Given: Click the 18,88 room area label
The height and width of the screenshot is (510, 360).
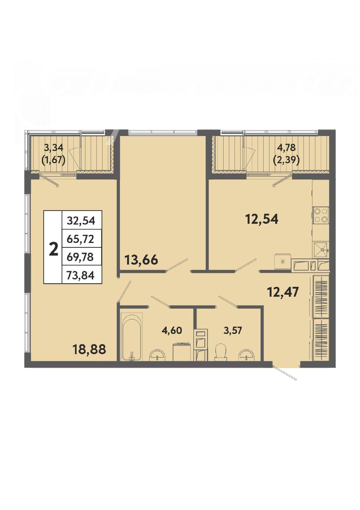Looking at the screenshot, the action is (x=89, y=349).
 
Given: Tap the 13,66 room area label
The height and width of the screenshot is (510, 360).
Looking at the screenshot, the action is (x=141, y=260).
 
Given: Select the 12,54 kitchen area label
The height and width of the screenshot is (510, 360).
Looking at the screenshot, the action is (x=262, y=219).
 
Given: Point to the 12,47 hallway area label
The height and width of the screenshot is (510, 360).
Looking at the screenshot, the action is (x=282, y=292).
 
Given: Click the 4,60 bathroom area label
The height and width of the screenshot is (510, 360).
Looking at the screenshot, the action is (x=172, y=330).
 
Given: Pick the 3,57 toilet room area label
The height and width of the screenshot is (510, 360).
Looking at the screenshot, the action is (x=233, y=330).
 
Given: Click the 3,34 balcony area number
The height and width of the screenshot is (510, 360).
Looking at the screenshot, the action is (x=53, y=148).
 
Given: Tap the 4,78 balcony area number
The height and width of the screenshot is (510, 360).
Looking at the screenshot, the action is (x=286, y=148).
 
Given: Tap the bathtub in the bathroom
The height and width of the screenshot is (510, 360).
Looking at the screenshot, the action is (x=132, y=337).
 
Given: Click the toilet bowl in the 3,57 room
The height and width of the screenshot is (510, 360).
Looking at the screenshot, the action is (x=221, y=352).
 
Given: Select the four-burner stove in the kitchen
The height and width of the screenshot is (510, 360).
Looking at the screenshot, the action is (x=321, y=215).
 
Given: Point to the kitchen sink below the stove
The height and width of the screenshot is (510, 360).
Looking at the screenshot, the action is (x=321, y=250).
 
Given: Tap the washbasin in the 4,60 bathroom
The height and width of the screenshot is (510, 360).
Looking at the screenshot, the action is (x=157, y=355).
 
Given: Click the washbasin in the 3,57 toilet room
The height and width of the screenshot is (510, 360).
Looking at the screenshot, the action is (x=246, y=355).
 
